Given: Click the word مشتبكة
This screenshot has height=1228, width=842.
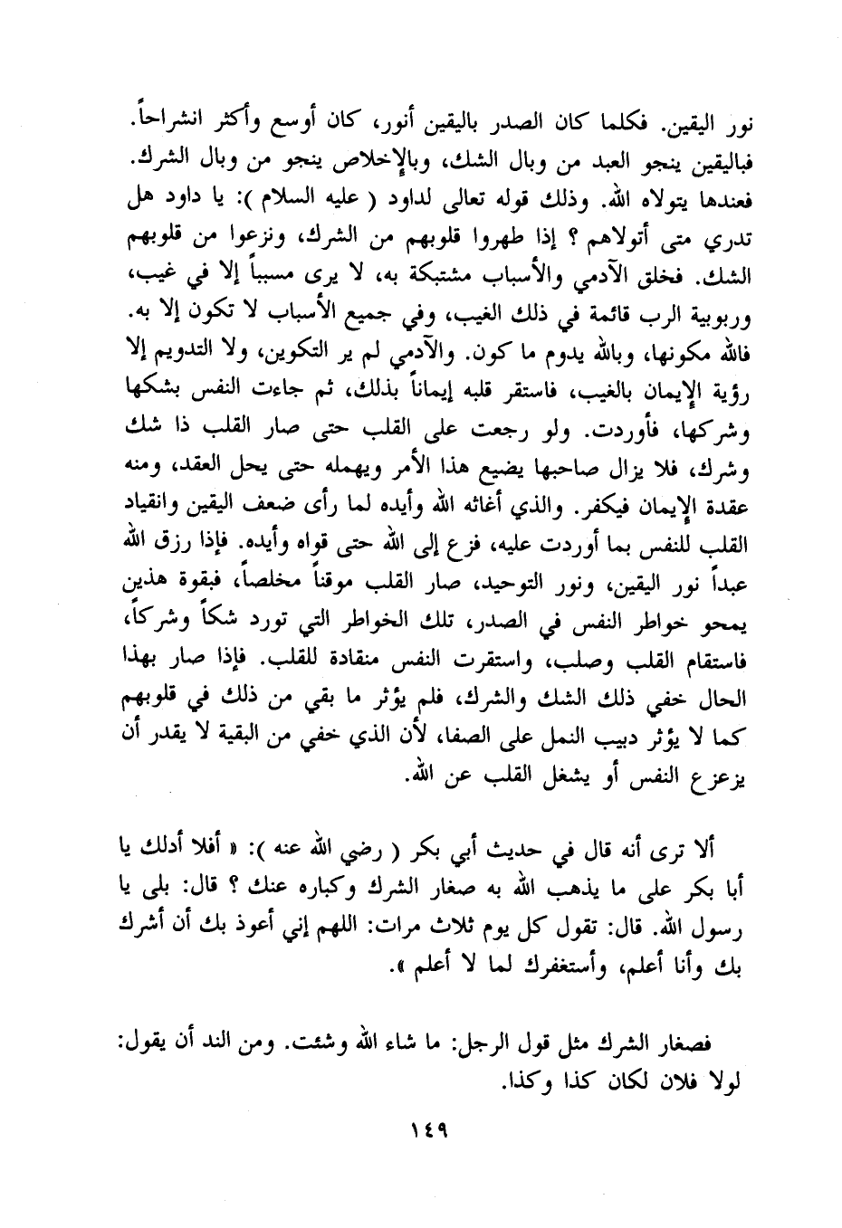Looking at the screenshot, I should tap(463, 273).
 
